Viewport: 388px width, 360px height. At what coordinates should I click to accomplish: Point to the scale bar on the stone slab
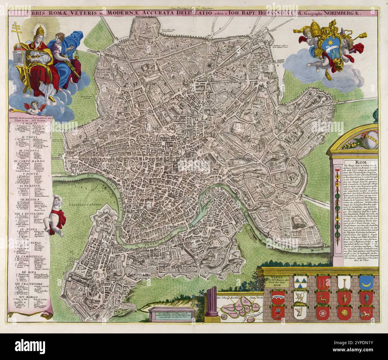tap(172, 314)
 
